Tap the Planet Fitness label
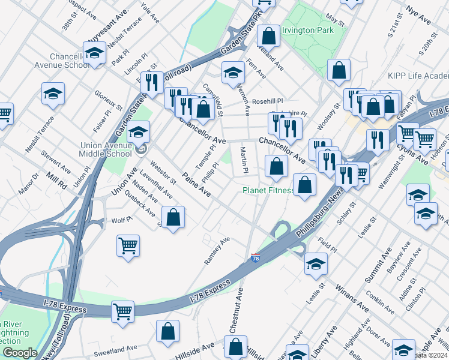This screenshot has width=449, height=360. (x=268, y=191)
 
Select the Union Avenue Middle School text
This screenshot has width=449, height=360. (x=106, y=149)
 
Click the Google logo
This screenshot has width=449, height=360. (x=20, y=353)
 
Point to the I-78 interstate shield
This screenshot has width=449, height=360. (x=255, y=258)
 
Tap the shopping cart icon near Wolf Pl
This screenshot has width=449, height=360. (x=128, y=245)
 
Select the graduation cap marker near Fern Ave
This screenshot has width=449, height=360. (x=233, y=73)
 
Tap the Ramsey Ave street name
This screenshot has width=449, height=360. (x=217, y=251)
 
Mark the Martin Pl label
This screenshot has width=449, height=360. (x=244, y=160)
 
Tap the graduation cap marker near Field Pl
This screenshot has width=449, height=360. (x=316, y=264)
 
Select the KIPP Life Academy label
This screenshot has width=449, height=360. (x=424, y=77)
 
